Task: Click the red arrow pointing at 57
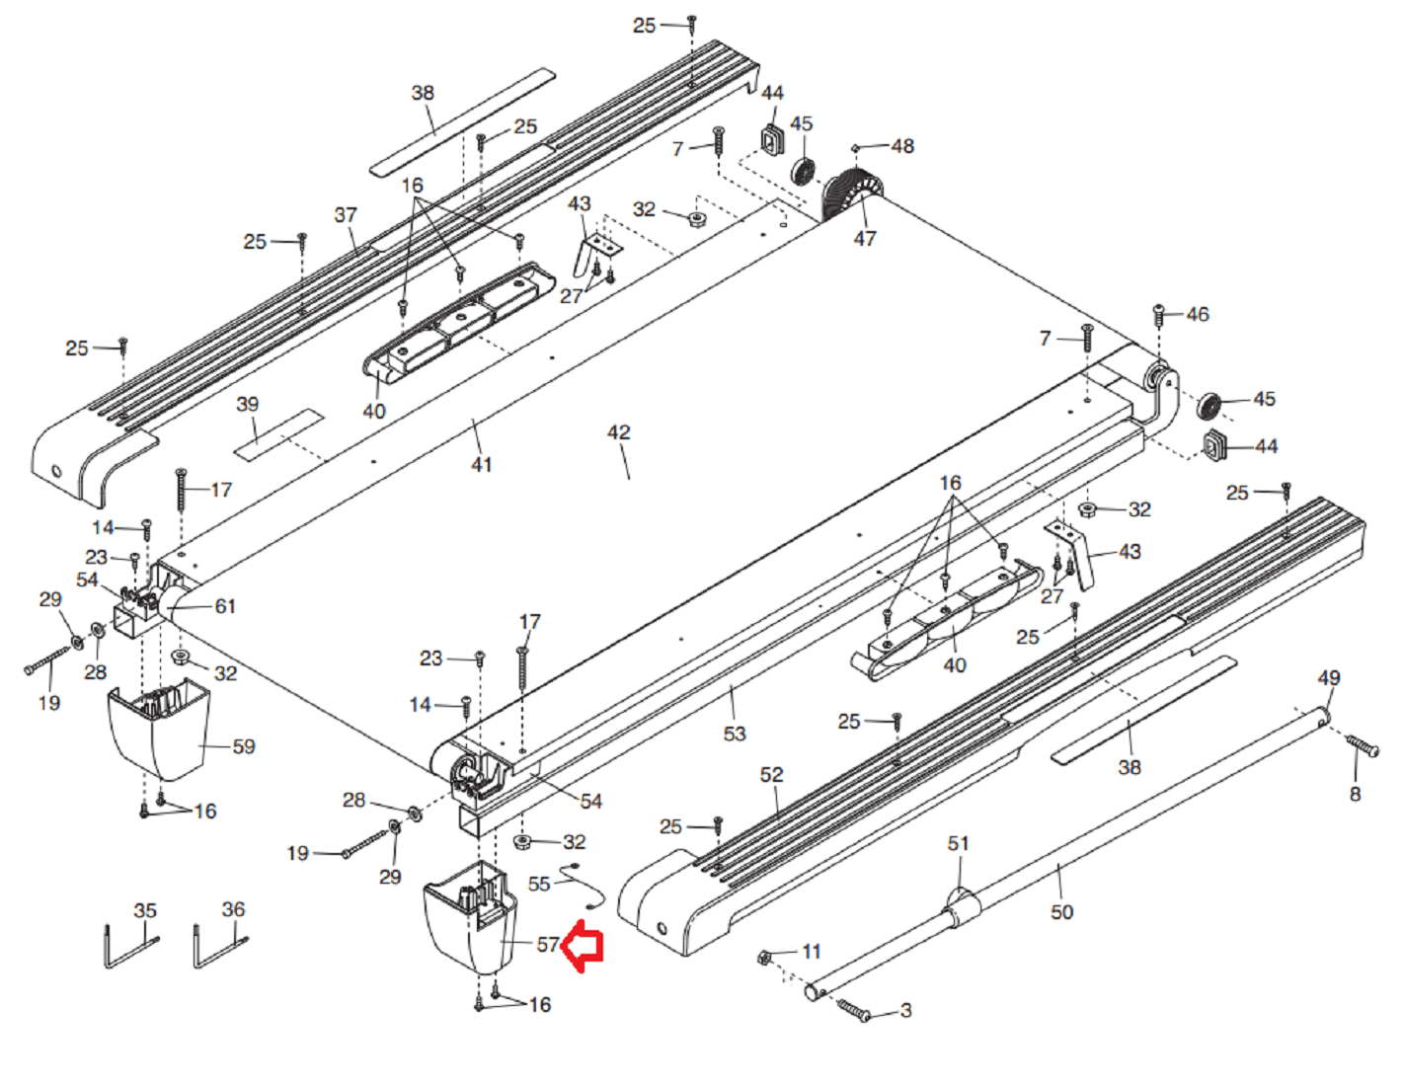pyautogui.click(x=584, y=946)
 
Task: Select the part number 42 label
pyautogui.click(x=619, y=432)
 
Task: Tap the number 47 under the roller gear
pyautogui.click(x=865, y=238)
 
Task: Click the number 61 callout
pyautogui.click(x=226, y=606)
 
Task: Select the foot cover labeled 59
pyautogui.click(x=158, y=731)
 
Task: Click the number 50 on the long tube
pyautogui.click(x=1061, y=912)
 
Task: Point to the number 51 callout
pyautogui.click(x=959, y=843)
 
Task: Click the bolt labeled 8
pyautogui.click(x=1364, y=746)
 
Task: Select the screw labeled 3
pyautogui.click(x=854, y=1009)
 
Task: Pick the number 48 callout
pyautogui.click(x=902, y=146)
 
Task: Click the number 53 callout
pyautogui.click(x=735, y=734)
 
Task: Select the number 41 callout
pyautogui.click(x=482, y=464)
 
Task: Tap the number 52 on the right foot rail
pyautogui.click(x=772, y=775)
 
